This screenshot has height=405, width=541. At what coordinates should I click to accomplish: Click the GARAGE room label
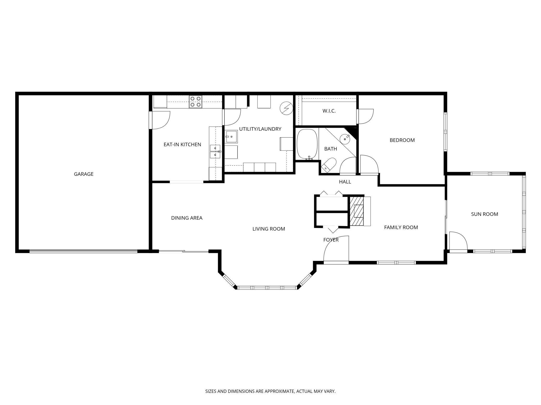pos(83,174)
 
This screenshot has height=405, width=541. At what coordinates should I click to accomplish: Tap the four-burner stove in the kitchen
pos(196,102)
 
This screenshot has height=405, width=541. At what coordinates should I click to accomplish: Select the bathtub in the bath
pos(307,144)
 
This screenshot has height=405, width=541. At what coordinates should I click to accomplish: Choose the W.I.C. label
pos(329,111)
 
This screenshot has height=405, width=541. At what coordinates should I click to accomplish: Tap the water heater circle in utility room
pos(286,108)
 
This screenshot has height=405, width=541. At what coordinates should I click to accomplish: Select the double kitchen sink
pos(215,152)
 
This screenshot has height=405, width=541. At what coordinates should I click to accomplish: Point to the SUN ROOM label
pos(485,214)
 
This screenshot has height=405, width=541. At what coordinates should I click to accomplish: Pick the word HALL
pos(345,182)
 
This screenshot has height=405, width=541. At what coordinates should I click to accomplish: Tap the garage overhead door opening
pos(83,251)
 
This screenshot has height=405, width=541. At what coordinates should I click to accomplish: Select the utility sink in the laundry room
pos(231,137)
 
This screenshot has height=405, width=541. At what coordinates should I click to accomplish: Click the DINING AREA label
pos(187,218)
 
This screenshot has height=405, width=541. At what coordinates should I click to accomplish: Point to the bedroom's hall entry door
pos(369,165)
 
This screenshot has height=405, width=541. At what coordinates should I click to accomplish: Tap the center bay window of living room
pos(267,288)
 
